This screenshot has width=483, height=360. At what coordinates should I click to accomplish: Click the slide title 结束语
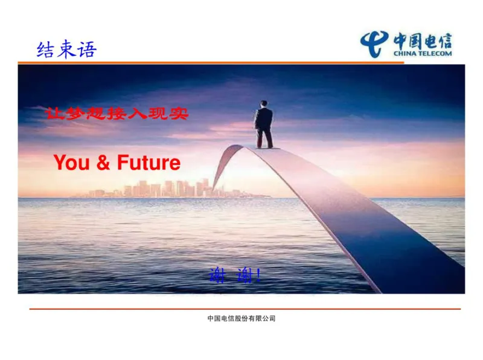[66, 49]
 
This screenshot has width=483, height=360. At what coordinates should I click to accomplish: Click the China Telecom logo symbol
[374, 43]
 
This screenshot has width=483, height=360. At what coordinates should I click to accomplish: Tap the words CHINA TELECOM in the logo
[423, 53]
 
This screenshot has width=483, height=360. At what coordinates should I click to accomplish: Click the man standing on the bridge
[263, 124]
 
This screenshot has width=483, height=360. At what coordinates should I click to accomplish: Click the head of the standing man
[264, 104]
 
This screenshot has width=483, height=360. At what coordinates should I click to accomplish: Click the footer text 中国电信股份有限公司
[241, 318]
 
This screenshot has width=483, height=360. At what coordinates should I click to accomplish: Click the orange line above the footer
[241, 309]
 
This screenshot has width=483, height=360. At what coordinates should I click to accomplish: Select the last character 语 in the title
[86, 49]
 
